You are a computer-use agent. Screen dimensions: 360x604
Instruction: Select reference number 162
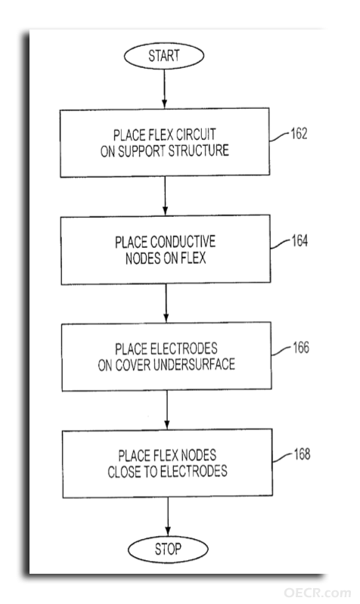(x=299, y=134)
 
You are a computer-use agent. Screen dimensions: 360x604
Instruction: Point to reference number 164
(x=299, y=240)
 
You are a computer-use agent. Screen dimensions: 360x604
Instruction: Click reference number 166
(x=301, y=348)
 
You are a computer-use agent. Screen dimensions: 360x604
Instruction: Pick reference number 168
(x=302, y=454)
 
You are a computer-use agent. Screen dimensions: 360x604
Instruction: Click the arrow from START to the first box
(x=164, y=88)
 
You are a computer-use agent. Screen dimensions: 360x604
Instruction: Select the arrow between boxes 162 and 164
(x=165, y=196)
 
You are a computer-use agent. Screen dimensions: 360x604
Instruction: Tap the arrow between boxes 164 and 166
(x=166, y=303)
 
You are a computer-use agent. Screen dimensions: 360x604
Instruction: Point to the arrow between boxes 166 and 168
(x=167, y=410)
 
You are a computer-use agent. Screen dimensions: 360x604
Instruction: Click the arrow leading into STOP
(x=168, y=516)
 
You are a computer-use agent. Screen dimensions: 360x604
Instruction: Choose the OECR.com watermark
(x=317, y=593)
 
